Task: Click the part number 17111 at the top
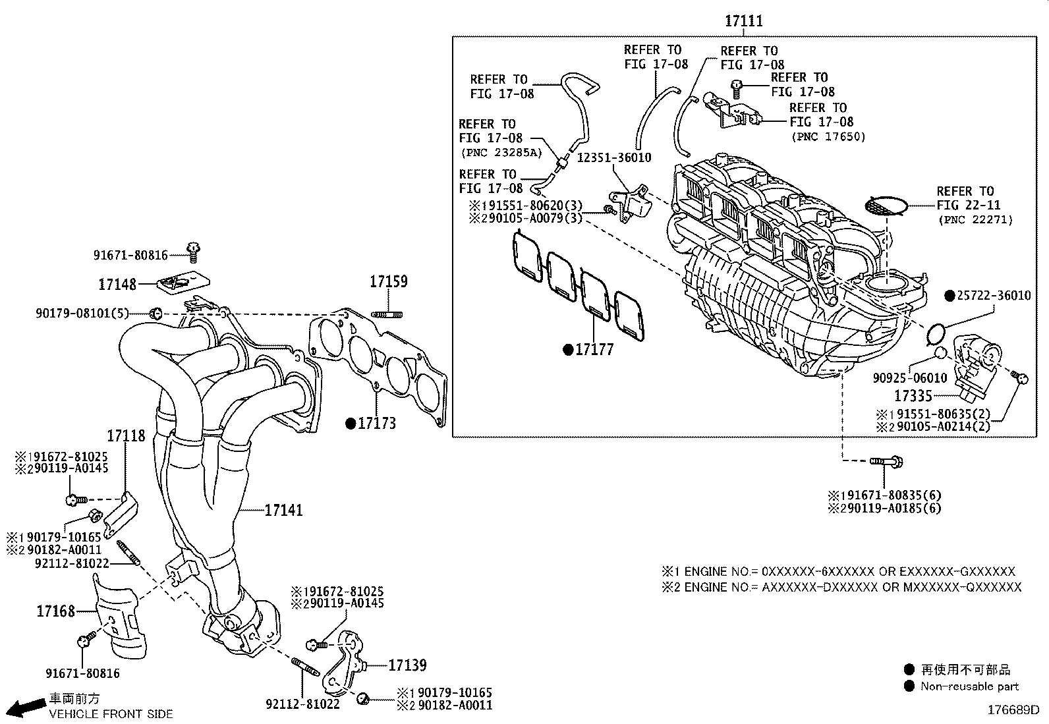point(744,21)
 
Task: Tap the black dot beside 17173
point(351,424)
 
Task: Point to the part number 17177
point(594,350)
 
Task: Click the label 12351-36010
point(614,157)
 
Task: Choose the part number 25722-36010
point(994,296)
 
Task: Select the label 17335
point(913,396)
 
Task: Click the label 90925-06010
point(909,378)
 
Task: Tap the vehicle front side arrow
point(26,707)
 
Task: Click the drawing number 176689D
point(1012,710)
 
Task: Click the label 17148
point(117,285)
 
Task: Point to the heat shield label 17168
point(55,611)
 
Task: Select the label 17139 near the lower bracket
point(407,665)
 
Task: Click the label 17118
point(126,435)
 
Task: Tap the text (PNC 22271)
point(975,220)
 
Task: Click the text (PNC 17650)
point(828,137)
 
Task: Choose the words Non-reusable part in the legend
point(969,686)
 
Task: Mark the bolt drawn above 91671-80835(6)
point(886,462)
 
